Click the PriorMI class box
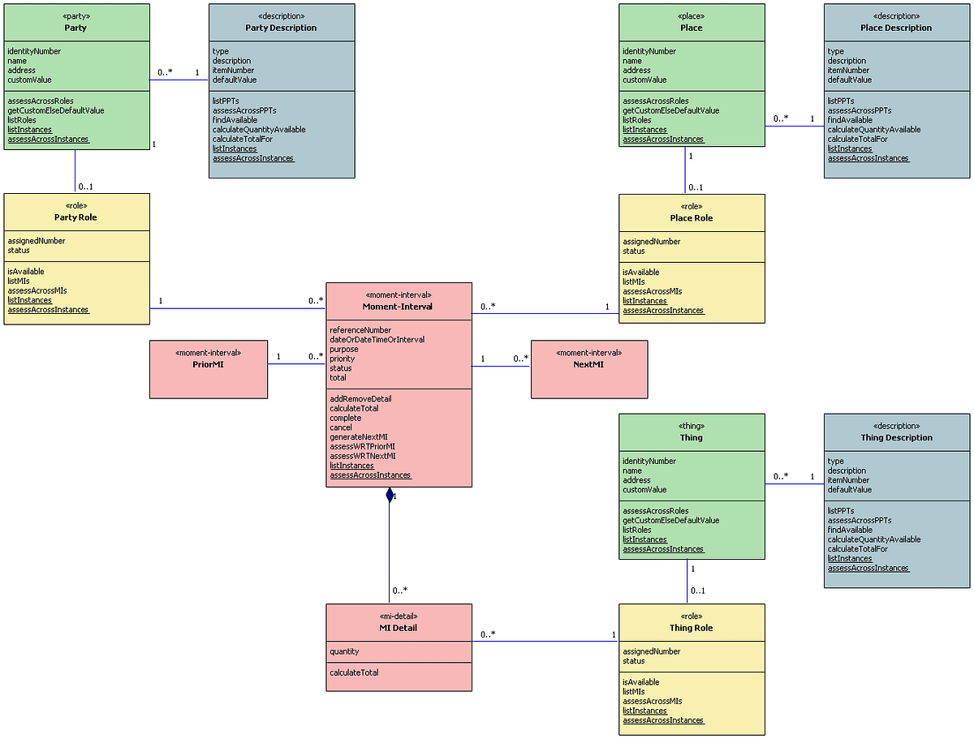pos(209,369)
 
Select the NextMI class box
pos(589,369)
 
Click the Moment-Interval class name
pos(399,307)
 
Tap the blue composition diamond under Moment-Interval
pos(390,495)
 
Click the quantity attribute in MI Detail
pos(344,651)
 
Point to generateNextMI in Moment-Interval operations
pos(358,437)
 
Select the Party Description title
pos(281,28)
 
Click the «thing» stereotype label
pos(692,426)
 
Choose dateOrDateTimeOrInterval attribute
pos(377,340)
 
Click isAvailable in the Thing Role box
pos(640,682)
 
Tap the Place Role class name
pos(692,218)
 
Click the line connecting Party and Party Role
pos(75,171)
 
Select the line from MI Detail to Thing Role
pos(544,642)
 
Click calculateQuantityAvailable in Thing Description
pos(874,539)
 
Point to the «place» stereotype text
pos(692,15)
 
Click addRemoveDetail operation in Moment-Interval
pos(360,399)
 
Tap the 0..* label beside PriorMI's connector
pos(316,356)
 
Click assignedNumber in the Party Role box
pos(37,241)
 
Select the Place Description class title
pos(896,28)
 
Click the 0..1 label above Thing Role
pos(697,591)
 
